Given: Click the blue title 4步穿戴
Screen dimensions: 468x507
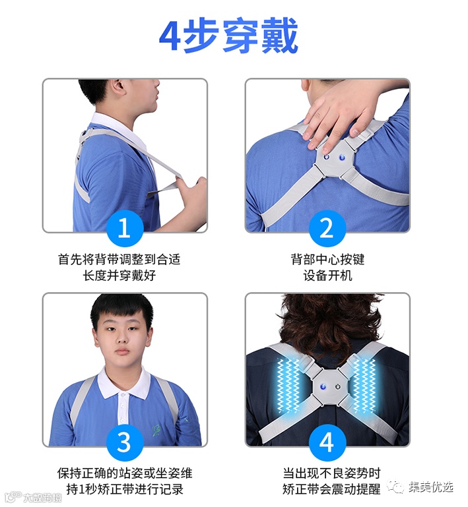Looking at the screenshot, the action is [x=228, y=36].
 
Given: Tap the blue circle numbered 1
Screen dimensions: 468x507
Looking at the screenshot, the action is [x=125, y=228].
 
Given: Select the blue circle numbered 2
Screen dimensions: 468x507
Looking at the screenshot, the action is [x=327, y=228].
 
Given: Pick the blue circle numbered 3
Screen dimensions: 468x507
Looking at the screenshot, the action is [x=125, y=442].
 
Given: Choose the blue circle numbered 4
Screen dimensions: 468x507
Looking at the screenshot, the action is [x=327, y=442].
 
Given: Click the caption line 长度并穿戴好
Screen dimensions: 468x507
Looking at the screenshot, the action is [x=119, y=276].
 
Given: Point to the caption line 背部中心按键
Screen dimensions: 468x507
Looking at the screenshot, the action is [x=327, y=259].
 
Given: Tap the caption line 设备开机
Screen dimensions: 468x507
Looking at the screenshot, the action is [x=327, y=276].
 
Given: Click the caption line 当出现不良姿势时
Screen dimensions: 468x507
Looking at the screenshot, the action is [x=331, y=473].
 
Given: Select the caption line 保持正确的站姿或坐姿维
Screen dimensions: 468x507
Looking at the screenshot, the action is [x=125, y=473].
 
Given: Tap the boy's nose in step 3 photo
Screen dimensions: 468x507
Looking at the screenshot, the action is [x=122, y=338].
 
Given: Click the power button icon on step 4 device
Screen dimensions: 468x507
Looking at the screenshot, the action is [x=338, y=387].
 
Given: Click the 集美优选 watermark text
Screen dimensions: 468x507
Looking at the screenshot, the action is [x=430, y=487].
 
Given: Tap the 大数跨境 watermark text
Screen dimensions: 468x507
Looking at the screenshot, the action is [x=42, y=497].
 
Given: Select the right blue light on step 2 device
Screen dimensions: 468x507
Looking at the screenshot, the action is [x=342, y=158].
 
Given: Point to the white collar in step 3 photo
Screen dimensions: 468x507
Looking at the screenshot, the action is [x=124, y=385].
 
